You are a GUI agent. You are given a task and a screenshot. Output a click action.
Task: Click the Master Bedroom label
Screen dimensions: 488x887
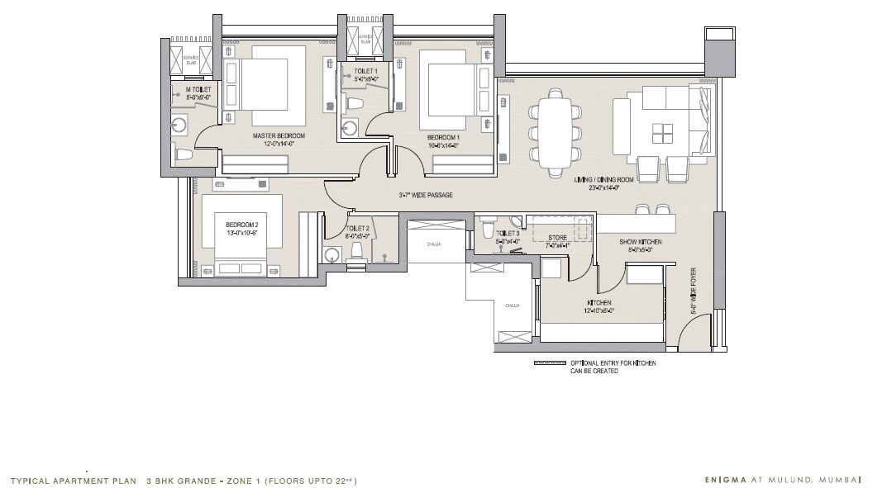pos(279,135)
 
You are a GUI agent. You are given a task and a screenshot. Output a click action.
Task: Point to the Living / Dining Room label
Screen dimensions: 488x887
pos(603,178)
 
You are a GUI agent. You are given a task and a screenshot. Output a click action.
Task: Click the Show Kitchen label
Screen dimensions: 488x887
pos(636,242)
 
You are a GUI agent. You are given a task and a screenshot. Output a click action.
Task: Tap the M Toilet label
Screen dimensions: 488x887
pos(198,89)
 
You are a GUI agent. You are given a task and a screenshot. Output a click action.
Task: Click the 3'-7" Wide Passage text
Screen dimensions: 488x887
pos(426,195)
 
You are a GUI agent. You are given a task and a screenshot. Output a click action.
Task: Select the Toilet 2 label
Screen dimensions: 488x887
pos(358,228)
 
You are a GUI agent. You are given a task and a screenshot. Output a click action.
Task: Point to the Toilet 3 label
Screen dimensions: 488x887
pos(507,234)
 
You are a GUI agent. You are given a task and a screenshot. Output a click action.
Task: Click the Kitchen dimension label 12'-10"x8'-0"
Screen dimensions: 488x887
pos(600,311)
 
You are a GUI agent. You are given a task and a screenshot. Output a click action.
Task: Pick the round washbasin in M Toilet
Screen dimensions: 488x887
pos(180,125)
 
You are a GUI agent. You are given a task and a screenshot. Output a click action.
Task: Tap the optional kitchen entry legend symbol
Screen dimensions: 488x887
pos(549,363)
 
